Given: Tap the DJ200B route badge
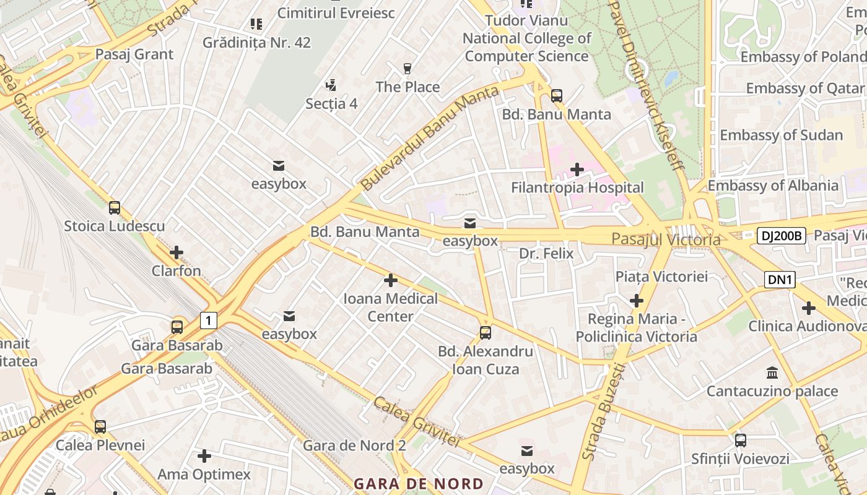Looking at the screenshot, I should [x=781, y=235].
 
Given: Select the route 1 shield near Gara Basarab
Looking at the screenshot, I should [x=209, y=321].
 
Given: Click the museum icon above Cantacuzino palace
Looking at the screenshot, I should [x=772, y=372].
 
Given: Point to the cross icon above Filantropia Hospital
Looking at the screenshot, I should [x=577, y=169].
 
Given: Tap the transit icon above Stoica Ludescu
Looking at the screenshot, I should [x=115, y=208].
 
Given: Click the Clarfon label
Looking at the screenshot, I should [x=176, y=271].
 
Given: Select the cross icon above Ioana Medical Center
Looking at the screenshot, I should [x=391, y=280].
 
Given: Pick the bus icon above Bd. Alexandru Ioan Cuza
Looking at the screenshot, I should [x=486, y=333].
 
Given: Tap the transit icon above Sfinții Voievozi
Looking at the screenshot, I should [x=741, y=441].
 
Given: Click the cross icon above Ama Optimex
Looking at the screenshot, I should [x=204, y=457].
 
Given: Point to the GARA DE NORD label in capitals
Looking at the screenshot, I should [x=419, y=484].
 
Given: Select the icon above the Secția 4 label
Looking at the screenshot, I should [x=331, y=85].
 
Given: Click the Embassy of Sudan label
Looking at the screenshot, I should [x=781, y=135].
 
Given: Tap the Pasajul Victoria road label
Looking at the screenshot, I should [x=666, y=239].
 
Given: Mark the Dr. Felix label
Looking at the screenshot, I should [x=546, y=254].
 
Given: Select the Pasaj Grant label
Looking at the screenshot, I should [x=134, y=54].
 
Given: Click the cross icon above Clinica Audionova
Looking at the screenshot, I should [x=809, y=308].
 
